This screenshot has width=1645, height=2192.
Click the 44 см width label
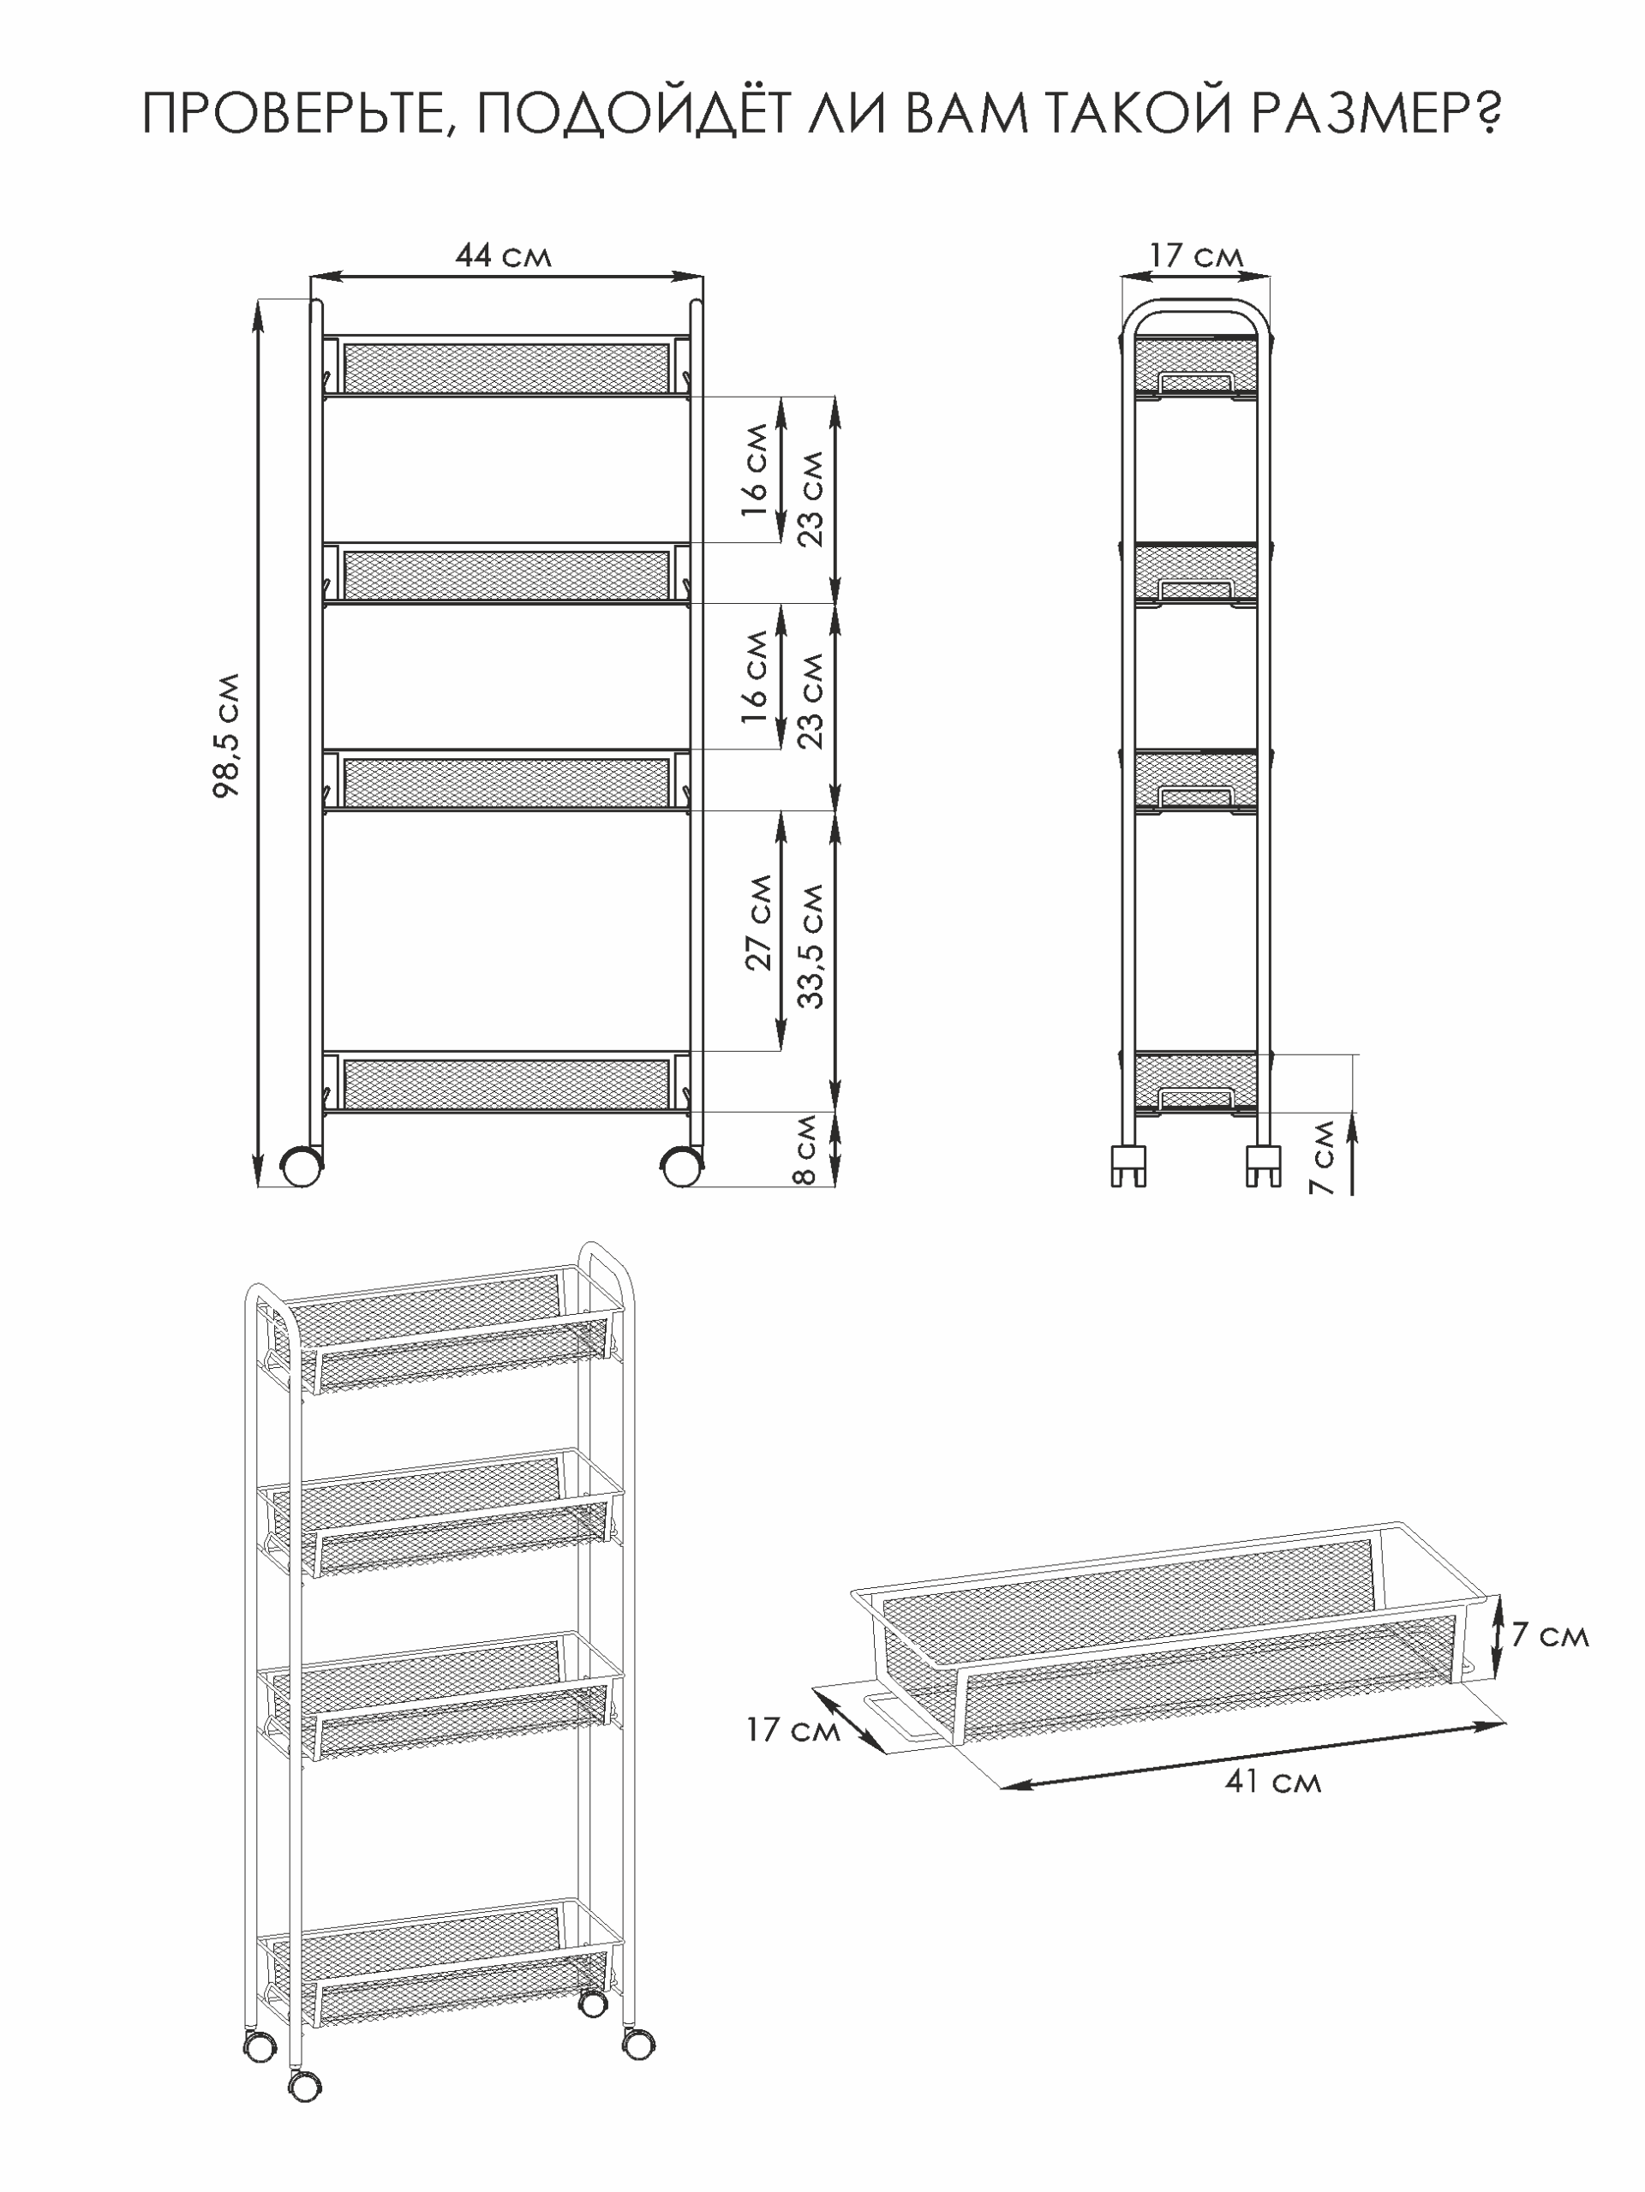502,255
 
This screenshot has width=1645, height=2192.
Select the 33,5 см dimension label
811,946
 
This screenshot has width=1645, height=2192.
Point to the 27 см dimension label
758,922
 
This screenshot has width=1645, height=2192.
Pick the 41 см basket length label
1272,1782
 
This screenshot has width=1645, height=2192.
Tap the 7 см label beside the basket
1549,1634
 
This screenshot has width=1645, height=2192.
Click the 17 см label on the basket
793,1730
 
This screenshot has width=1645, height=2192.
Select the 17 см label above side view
1196,255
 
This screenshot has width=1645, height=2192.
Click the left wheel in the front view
302,1168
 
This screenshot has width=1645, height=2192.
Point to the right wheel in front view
681,1168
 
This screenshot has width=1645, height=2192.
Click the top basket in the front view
505,367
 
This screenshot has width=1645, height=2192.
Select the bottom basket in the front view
505,1083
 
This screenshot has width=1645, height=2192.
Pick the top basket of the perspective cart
441,1331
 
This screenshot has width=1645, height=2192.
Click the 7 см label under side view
1322,1157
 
